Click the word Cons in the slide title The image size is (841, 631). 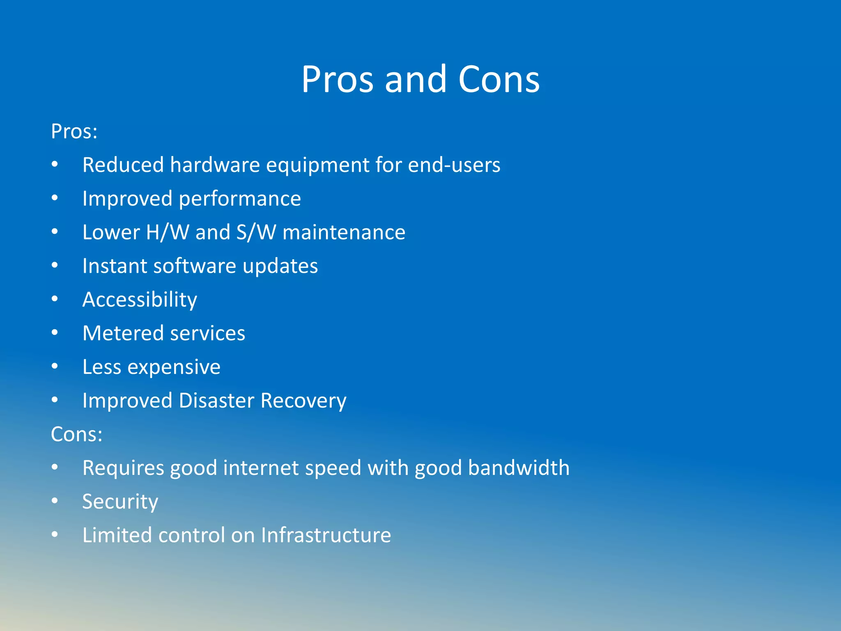[x=499, y=79]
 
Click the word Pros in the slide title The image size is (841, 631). [x=337, y=79]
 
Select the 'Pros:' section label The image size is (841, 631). [x=74, y=132]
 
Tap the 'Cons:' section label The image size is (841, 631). [x=77, y=434]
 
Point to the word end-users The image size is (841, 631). [x=454, y=165]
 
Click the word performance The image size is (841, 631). [x=240, y=199]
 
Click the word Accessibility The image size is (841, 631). [x=140, y=300]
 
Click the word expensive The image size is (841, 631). [x=174, y=367]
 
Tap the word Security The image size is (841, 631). [x=120, y=502]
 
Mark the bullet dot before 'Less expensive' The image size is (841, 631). [x=55, y=366]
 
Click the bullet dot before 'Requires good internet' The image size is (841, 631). [x=55, y=467]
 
